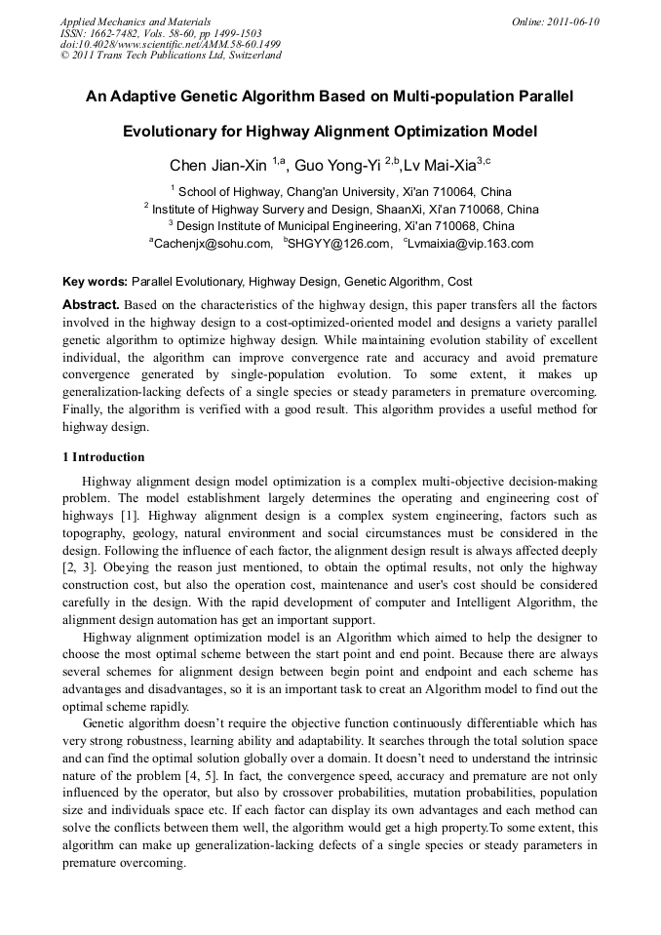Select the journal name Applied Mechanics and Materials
(x=136, y=20)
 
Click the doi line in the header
(x=171, y=44)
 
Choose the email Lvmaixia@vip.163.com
(x=471, y=244)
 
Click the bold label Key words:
(x=95, y=282)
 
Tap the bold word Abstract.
(x=91, y=304)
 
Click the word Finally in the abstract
(x=83, y=409)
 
